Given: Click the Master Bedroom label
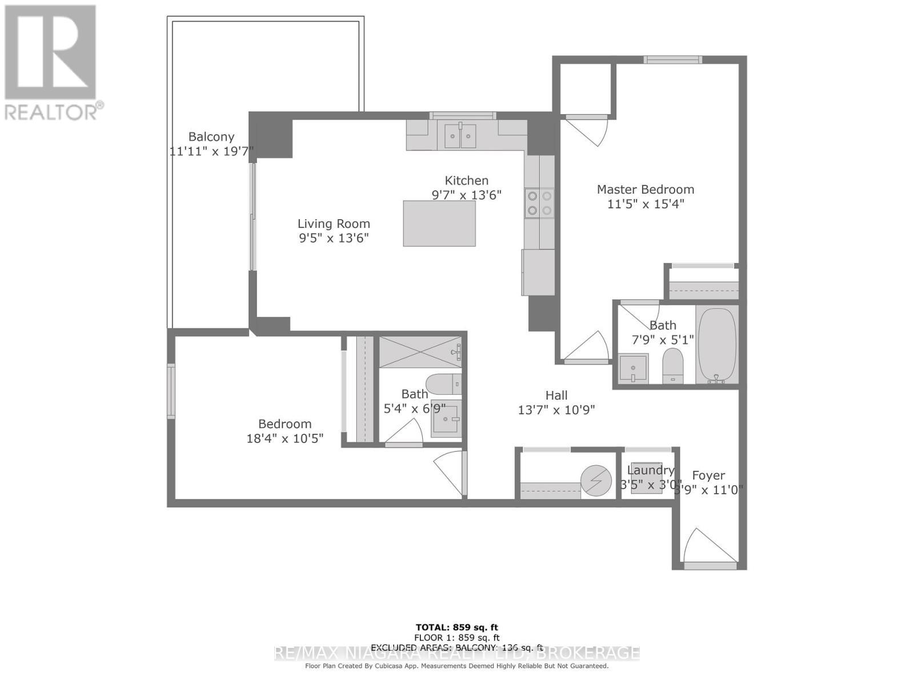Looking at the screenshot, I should pyautogui.click(x=646, y=190).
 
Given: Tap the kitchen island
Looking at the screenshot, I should pyautogui.click(x=439, y=223).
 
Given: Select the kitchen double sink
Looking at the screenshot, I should pyautogui.click(x=460, y=136).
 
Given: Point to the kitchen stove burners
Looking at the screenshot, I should pyautogui.click(x=539, y=203).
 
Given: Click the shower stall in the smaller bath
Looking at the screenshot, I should pyautogui.click(x=420, y=352).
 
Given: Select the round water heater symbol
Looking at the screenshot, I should pyautogui.click(x=596, y=481).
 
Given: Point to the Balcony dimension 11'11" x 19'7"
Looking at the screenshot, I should pyautogui.click(x=211, y=151).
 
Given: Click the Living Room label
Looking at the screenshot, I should pyautogui.click(x=334, y=224).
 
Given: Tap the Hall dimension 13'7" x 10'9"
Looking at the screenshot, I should pyautogui.click(x=556, y=410).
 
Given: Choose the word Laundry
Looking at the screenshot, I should pyautogui.click(x=651, y=470).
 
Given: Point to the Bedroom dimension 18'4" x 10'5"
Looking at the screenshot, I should pyautogui.click(x=284, y=438).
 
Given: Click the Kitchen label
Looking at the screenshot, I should pyautogui.click(x=467, y=180).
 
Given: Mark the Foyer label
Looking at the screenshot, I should pyautogui.click(x=708, y=476).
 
